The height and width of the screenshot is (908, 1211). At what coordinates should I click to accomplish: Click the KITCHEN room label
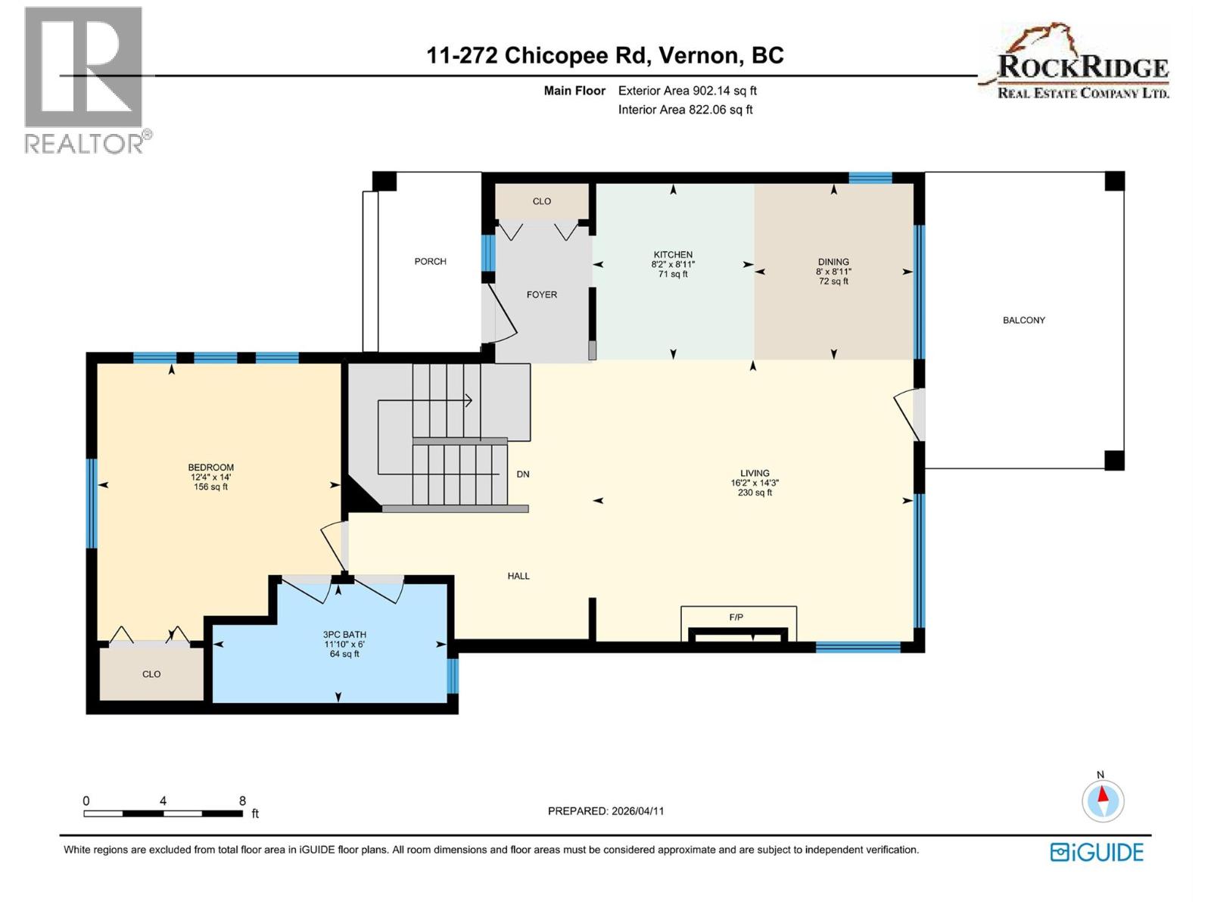(673, 255)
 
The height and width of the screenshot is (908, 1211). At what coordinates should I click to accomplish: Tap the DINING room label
(833, 262)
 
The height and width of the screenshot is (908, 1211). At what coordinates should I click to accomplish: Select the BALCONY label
(1023, 320)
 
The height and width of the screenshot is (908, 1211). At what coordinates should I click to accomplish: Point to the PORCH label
(430, 261)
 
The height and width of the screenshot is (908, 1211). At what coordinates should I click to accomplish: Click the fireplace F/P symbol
(736, 617)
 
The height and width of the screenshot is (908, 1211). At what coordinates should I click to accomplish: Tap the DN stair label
(523, 474)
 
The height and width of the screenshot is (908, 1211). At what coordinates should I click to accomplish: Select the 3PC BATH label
(344, 635)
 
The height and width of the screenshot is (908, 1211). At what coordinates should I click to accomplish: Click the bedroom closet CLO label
(151, 674)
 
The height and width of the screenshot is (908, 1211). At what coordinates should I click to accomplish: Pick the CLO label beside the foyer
(542, 201)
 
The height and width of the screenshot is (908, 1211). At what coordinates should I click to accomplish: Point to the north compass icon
(1103, 801)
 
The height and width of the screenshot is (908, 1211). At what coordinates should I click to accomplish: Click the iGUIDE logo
(1097, 852)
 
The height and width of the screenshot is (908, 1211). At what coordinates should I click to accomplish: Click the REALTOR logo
(85, 79)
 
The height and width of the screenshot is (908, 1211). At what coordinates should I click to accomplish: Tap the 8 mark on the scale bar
(242, 801)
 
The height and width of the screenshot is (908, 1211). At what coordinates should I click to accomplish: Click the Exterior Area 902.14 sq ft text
(687, 91)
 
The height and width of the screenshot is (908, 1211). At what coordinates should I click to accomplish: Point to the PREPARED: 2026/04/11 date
(605, 811)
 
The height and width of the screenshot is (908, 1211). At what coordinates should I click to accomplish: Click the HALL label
(518, 576)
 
